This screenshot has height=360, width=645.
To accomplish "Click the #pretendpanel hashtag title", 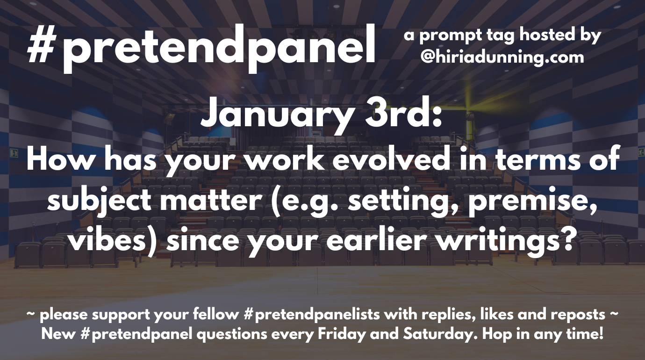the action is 201,48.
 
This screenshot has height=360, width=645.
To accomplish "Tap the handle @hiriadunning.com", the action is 502,58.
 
